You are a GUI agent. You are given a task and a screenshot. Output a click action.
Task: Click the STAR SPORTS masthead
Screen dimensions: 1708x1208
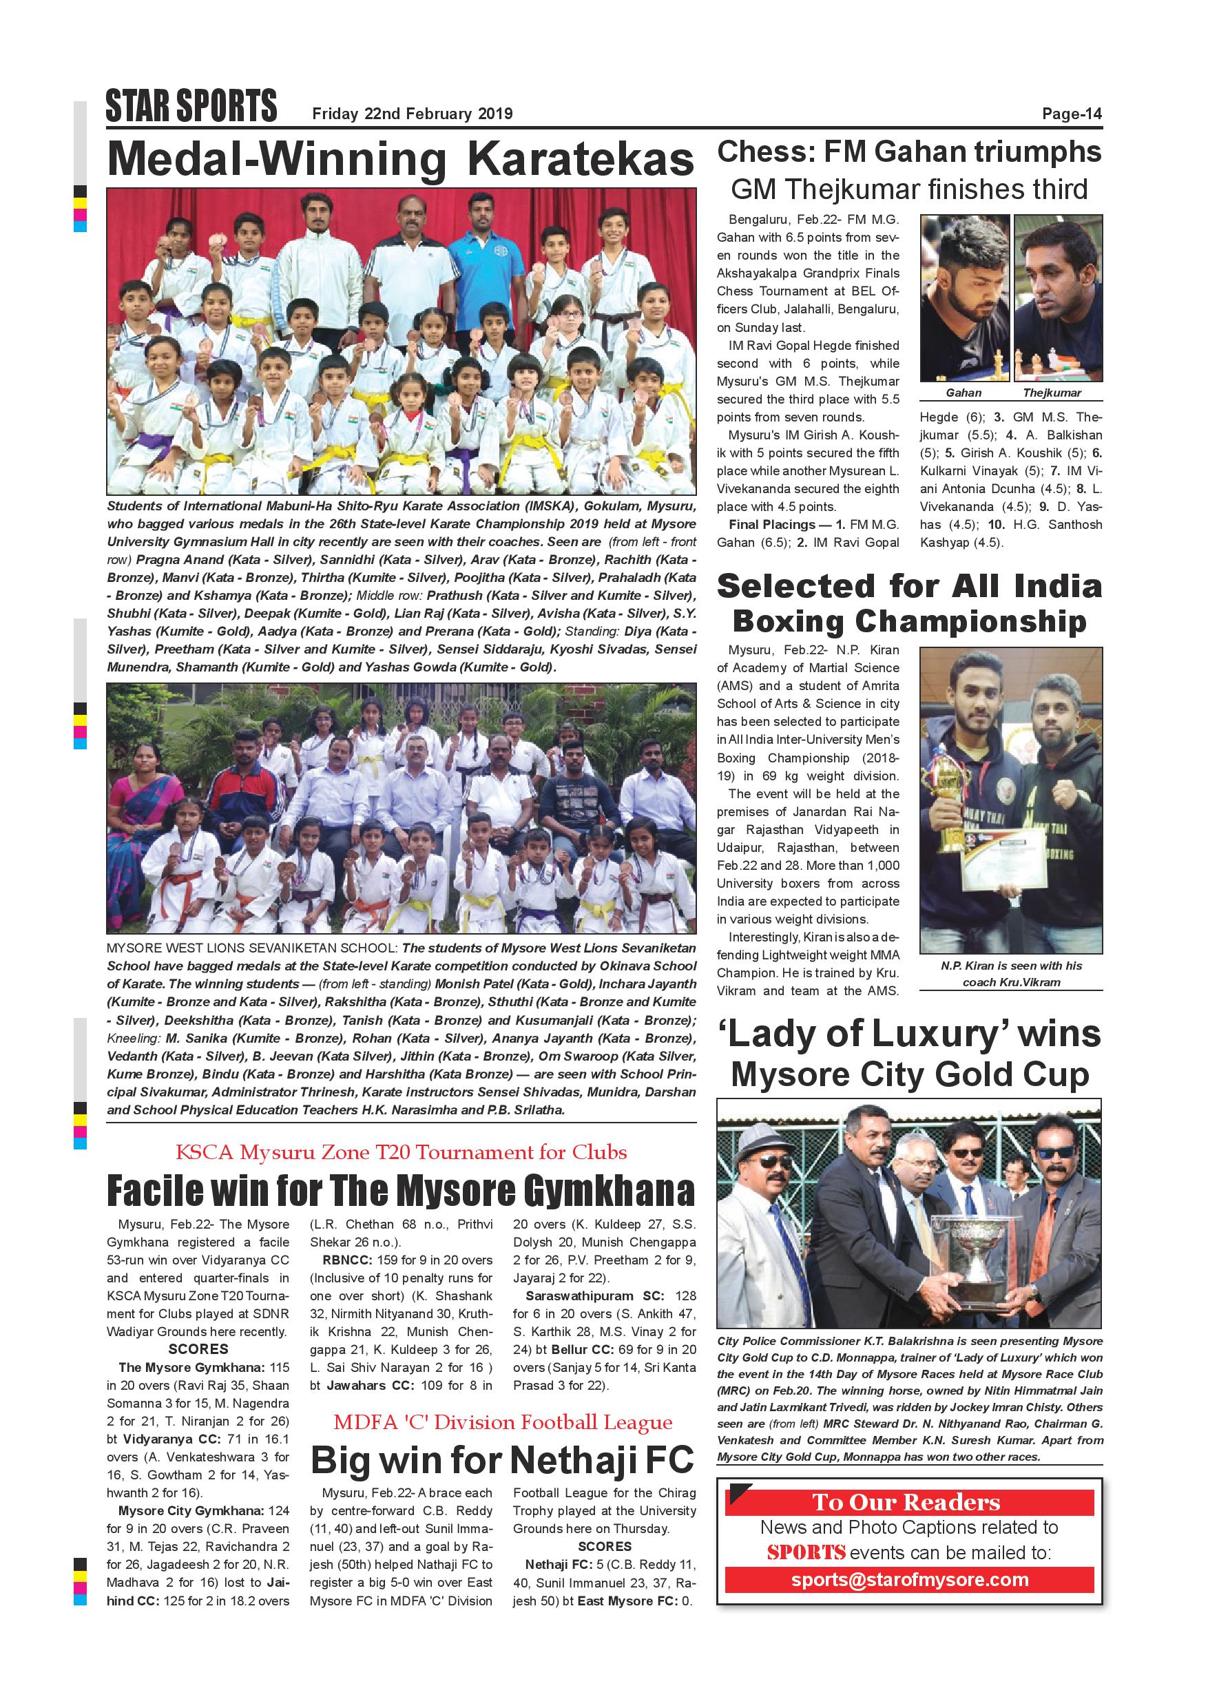coord(191,106)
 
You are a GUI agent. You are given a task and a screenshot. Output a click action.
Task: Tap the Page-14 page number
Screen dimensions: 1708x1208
coord(1071,114)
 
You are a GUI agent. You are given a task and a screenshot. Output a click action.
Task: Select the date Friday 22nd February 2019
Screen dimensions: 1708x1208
coord(412,114)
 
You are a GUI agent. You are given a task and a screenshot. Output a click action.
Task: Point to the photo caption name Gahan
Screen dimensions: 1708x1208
coord(964,393)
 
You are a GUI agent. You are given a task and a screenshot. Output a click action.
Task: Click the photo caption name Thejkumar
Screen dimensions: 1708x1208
coord(1052,393)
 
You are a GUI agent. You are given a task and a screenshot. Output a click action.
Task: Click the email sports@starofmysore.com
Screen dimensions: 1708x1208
coord(909,1580)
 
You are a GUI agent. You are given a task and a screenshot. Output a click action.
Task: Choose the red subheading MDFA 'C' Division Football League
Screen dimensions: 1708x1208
coord(502,1422)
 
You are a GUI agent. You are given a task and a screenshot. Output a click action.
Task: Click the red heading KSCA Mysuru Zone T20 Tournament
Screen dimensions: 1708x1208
coord(401,1152)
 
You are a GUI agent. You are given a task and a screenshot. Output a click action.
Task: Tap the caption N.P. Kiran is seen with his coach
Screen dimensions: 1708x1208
coord(1011,974)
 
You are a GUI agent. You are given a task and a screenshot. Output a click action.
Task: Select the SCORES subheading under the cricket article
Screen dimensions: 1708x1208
coord(198,1348)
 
